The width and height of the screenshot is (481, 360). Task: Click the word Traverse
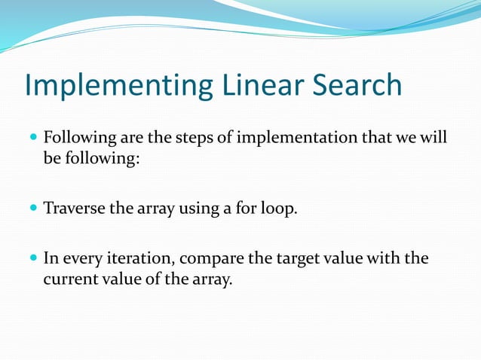(74, 208)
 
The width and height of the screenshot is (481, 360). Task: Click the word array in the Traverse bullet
(155, 208)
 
